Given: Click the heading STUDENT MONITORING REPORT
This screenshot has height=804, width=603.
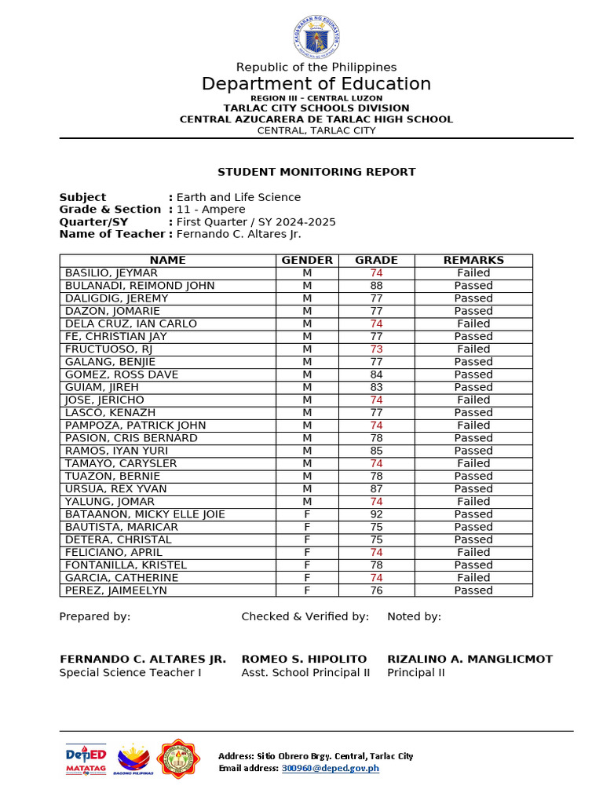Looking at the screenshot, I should [x=316, y=172].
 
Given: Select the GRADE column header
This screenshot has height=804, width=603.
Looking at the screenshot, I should [x=376, y=260].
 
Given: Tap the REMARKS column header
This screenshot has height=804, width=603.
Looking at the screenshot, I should [x=473, y=260].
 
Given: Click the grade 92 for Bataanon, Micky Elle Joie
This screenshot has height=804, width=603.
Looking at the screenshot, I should [x=376, y=514].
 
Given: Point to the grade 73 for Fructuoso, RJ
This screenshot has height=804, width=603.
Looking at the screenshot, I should [x=376, y=349].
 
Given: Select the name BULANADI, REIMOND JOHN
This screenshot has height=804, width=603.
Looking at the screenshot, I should [x=140, y=286].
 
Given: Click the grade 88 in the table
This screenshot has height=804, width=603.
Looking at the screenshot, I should [x=376, y=286].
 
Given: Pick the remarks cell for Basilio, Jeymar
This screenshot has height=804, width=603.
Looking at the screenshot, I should [x=473, y=273].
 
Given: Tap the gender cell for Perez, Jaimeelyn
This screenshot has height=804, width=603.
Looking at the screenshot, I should [x=307, y=590].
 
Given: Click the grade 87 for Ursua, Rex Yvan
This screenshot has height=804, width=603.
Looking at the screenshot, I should [x=376, y=489].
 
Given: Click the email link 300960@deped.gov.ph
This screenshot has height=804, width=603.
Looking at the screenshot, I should [x=330, y=768].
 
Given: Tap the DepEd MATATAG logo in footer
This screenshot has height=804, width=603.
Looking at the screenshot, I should [x=86, y=759].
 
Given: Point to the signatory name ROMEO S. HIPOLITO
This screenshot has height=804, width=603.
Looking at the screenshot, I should [x=304, y=659].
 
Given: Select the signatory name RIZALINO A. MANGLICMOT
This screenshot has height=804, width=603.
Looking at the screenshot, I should [x=470, y=659].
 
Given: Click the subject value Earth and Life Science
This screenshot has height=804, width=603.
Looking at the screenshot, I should [x=238, y=197].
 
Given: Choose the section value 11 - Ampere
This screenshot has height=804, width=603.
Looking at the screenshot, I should [x=210, y=210].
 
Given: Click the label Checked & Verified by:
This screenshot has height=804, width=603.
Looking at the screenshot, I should [x=305, y=616].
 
